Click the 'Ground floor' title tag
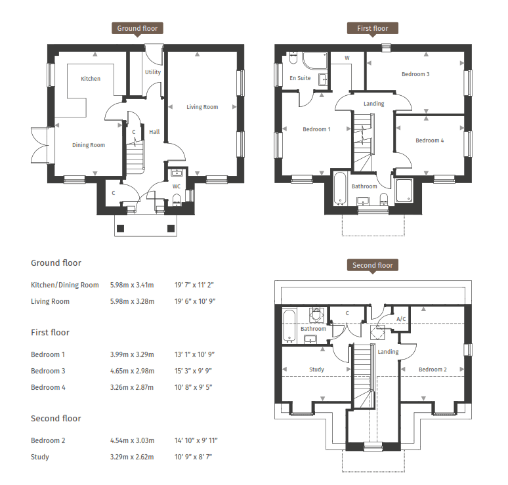(138, 28)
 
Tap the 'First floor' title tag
(372, 28)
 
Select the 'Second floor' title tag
(372, 265)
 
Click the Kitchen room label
(91, 79)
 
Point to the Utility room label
(153, 72)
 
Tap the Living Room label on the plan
(202, 107)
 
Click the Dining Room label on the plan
(89, 145)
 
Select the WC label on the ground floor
(176, 186)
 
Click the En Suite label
(300, 78)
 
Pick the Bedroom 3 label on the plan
(415, 74)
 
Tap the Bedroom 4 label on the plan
(429, 140)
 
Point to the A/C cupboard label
(401, 319)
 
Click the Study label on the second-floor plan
(316, 369)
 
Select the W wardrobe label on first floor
(347, 58)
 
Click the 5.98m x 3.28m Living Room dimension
(131, 302)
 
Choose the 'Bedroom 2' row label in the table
(48, 440)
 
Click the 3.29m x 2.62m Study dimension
(131, 457)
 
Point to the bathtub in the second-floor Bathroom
(288, 326)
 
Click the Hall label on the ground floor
(154, 132)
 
